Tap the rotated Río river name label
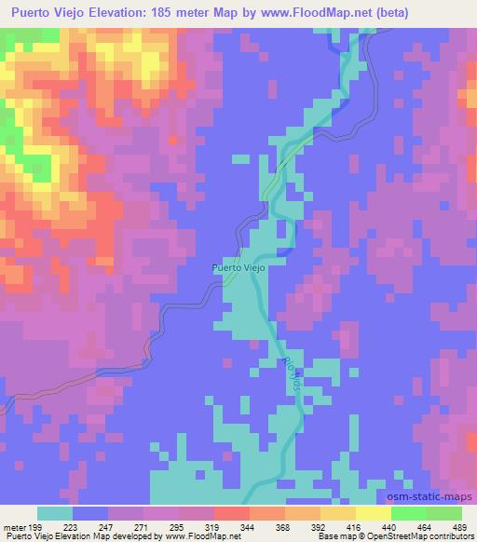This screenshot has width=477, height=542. (289, 374)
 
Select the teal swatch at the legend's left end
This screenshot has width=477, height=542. (55, 513)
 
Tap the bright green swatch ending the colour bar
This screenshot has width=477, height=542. (444, 513)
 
